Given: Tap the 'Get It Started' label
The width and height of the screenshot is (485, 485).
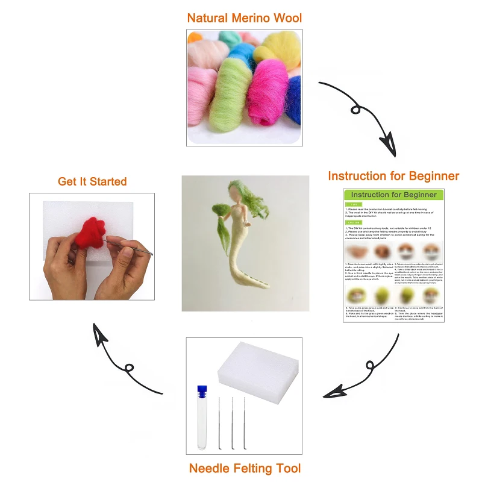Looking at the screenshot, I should pyautogui.click(x=92, y=181).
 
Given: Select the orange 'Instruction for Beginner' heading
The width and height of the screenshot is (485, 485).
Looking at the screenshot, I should pyautogui.click(x=393, y=176).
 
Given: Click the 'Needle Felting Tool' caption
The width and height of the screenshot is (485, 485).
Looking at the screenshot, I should pyautogui.click(x=245, y=468).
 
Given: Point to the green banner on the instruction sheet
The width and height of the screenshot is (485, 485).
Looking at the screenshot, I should pyautogui.click(x=393, y=195).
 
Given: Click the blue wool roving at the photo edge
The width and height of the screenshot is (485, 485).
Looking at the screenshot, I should pyautogui.click(x=294, y=99).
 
